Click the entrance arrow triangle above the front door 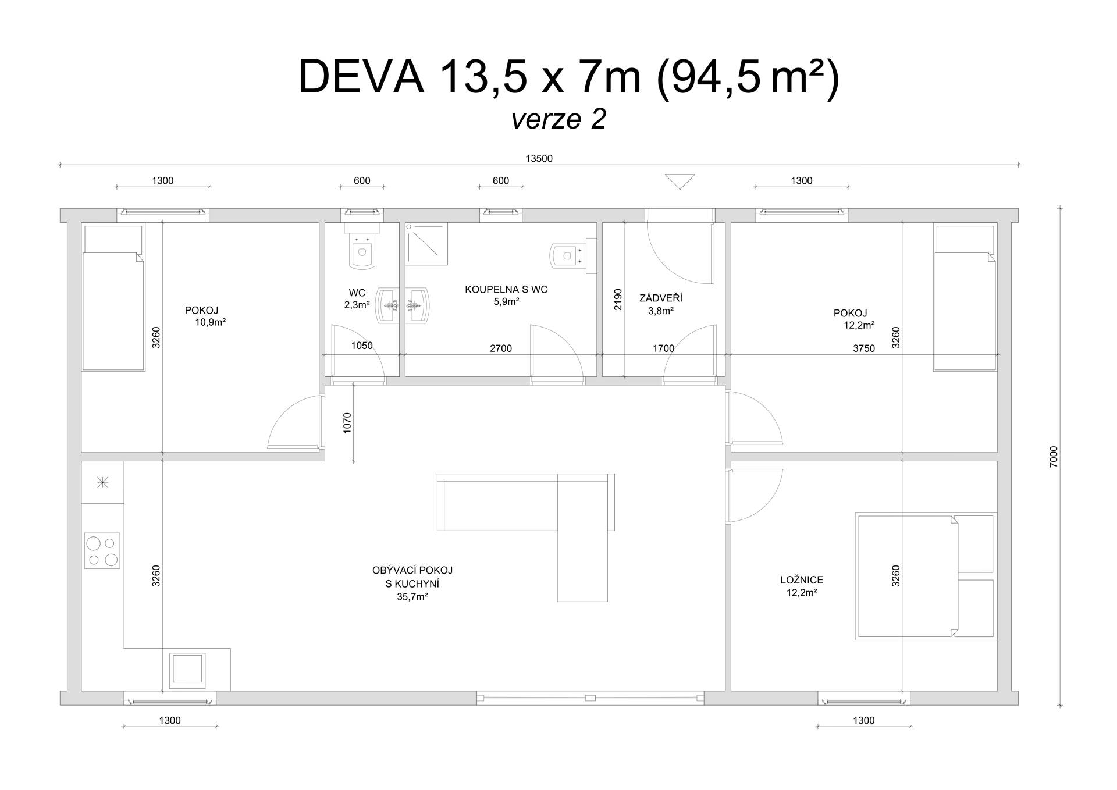pyautogui.click(x=680, y=182)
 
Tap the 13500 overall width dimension pyautogui.click(x=539, y=158)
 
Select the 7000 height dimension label pyautogui.click(x=1054, y=457)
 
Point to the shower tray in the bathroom pyautogui.click(x=426, y=244)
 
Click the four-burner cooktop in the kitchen pyautogui.click(x=102, y=550)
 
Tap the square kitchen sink pyautogui.click(x=187, y=669)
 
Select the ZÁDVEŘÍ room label pyautogui.click(x=661, y=298)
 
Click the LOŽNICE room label pyautogui.click(x=802, y=580)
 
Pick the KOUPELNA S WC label pyautogui.click(x=506, y=289)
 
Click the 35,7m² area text pyautogui.click(x=412, y=596)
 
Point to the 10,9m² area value pyautogui.click(x=211, y=322)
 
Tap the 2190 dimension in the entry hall pyautogui.click(x=618, y=300)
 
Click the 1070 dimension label pyautogui.click(x=347, y=423)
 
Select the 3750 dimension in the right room pyautogui.click(x=864, y=348)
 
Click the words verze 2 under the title pyautogui.click(x=558, y=119)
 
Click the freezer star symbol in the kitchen pyautogui.click(x=102, y=482)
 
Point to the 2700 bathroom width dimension pyautogui.click(x=501, y=348)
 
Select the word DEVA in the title pyautogui.click(x=361, y=77)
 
